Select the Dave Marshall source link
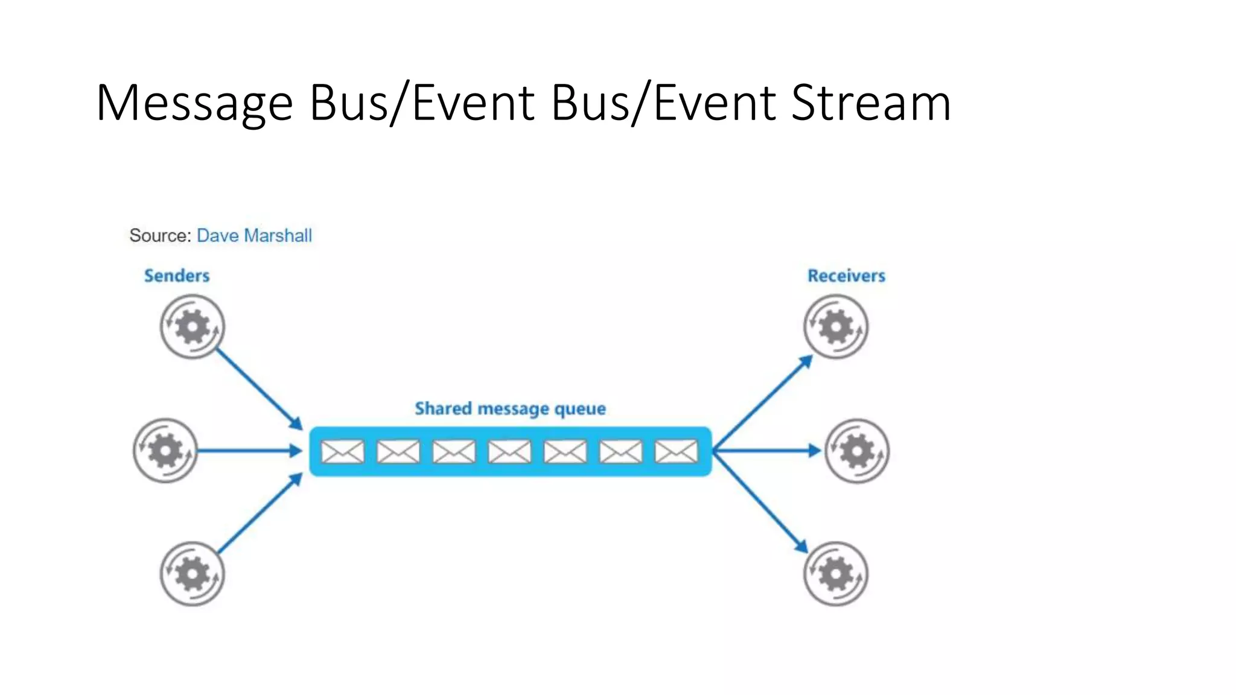tap(254, 235)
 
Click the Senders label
tap(177, 276)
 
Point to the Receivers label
tap(846, 276)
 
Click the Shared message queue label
tap(510, 408)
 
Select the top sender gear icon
tap(193, 327)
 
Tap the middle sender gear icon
tap(165, 451)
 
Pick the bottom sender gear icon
tap(193, 574)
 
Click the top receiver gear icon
tap(836, 327)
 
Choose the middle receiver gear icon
tap(857, 451)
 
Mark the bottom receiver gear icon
tap(836, 574)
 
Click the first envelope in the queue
tap(342, 451)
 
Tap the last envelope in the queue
tap(676, 451)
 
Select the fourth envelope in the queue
tap(509, 451)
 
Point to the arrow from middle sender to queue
tap(249, 451)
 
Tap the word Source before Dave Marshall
tap(160, 235)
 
